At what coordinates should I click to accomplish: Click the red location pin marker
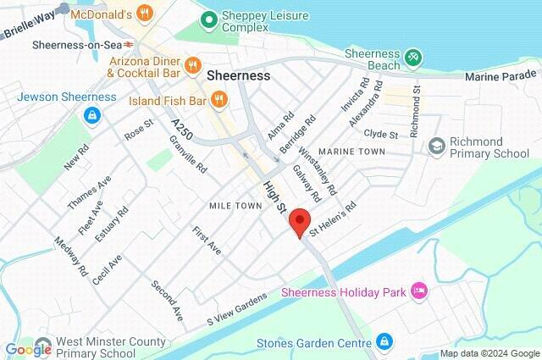tap(298, 224)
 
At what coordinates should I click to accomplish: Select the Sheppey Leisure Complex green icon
tap(206, 18)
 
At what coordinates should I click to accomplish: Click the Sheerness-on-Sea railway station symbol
tap(128, 44)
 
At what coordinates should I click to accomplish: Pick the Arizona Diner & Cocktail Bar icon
tap(192, 64)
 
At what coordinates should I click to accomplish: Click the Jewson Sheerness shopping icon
tap(88, 114)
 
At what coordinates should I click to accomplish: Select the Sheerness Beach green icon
tap(412, 58)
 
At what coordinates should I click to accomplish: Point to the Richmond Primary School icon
tap(436, 147)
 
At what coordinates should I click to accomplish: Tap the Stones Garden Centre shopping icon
tap(384, 341)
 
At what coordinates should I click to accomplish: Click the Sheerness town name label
tap(239, 75)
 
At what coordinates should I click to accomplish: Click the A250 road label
tap(181, 130)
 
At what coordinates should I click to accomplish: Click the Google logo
tap(28, 348)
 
